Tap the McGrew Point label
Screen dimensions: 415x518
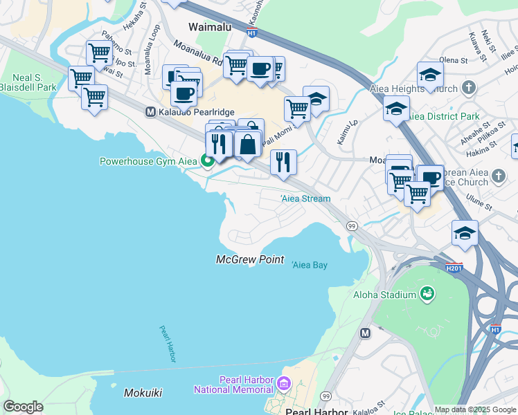click(250, 259)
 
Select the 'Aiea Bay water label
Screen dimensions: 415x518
click(310, 265)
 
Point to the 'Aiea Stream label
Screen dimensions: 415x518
click(305, 199)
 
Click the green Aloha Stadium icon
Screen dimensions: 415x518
click(428, 295)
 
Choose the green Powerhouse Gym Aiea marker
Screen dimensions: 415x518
click(206, 161)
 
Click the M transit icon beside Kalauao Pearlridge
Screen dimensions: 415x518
click(150, 111)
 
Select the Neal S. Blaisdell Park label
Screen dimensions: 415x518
click(28, 83)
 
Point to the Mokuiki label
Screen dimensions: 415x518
click(143, 393)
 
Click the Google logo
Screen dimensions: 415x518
click(23, 407)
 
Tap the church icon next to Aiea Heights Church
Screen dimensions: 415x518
click(470, 89)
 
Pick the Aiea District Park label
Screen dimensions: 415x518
click(444, 116)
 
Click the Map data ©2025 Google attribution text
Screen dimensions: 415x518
click(474, 409)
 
